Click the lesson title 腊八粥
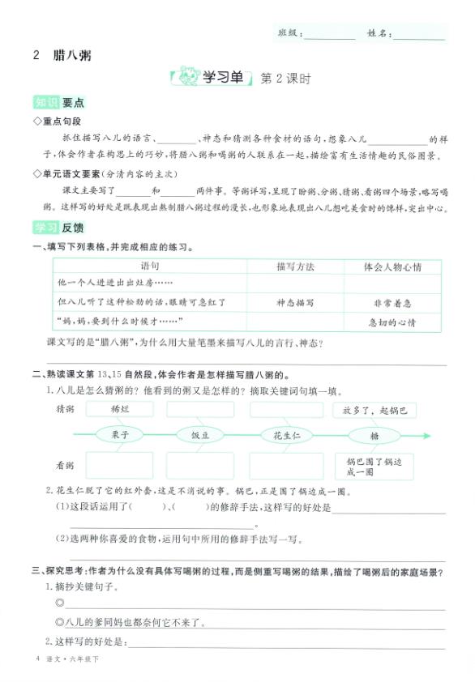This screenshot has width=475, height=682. pos(71,56)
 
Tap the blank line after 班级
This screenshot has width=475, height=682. pos(329,36)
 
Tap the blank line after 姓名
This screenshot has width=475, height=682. pos(418,36)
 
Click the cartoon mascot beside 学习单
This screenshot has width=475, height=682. pos(188,79)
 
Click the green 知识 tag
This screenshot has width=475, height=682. pos(45,103)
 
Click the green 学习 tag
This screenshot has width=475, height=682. pos(45,229)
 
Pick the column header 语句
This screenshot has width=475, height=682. pos(151,266)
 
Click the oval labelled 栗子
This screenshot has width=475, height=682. pos(118,435)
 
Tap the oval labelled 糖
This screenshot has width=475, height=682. pos(374,435)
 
